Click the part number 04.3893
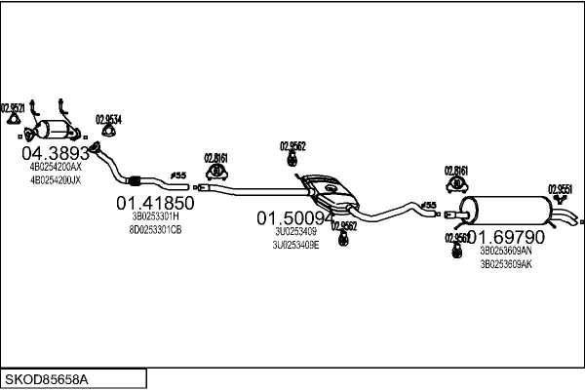click(56, 154)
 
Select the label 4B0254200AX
click(56, 168)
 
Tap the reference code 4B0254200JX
click(56, 180)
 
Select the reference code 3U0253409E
click(296, 245)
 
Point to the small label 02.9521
click(13, 107)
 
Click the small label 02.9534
click(109, 120)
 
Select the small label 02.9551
click(560, 189)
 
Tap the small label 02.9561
click(457, 237)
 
